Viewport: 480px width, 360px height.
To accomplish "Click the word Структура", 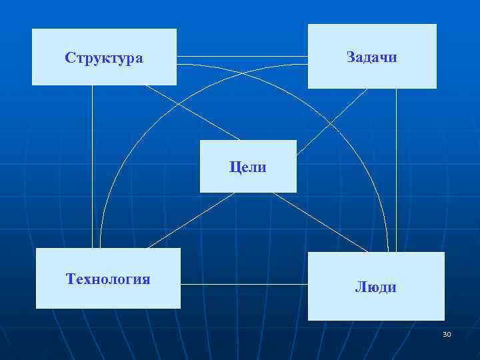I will coord(104,57).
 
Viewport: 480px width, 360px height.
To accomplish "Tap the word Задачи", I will coord(371,57).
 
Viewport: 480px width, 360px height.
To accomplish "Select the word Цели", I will coord(248,167).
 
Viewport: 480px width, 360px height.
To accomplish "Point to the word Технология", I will coord(108,278).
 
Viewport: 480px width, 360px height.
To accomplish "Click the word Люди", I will coord(376,287).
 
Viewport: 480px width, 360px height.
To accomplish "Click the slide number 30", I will coord(447,334).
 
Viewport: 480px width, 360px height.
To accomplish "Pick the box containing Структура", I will coord(104,73).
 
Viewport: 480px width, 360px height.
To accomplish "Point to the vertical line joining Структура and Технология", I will coord(93,167).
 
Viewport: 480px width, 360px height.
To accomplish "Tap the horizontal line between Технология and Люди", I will coord(243,285).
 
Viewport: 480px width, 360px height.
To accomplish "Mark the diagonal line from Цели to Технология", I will coord(190,221).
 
